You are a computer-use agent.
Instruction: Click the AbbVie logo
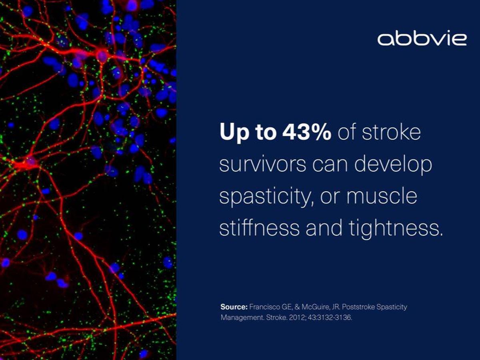coord(422,39)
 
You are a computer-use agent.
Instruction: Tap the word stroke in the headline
coord(391,132)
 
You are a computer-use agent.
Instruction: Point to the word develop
coord(393,165)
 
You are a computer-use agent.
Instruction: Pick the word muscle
coord(382,196)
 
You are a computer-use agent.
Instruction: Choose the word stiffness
coord(259,228)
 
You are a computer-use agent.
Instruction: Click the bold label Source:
coord(234,307)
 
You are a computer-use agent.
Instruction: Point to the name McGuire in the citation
coord(315,307)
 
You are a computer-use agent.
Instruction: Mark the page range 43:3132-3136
coord(330,317)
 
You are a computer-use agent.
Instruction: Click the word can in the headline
coord(330,165)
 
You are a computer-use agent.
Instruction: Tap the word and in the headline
coord(324,228)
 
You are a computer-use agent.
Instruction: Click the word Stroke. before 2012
coord(277,317)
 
